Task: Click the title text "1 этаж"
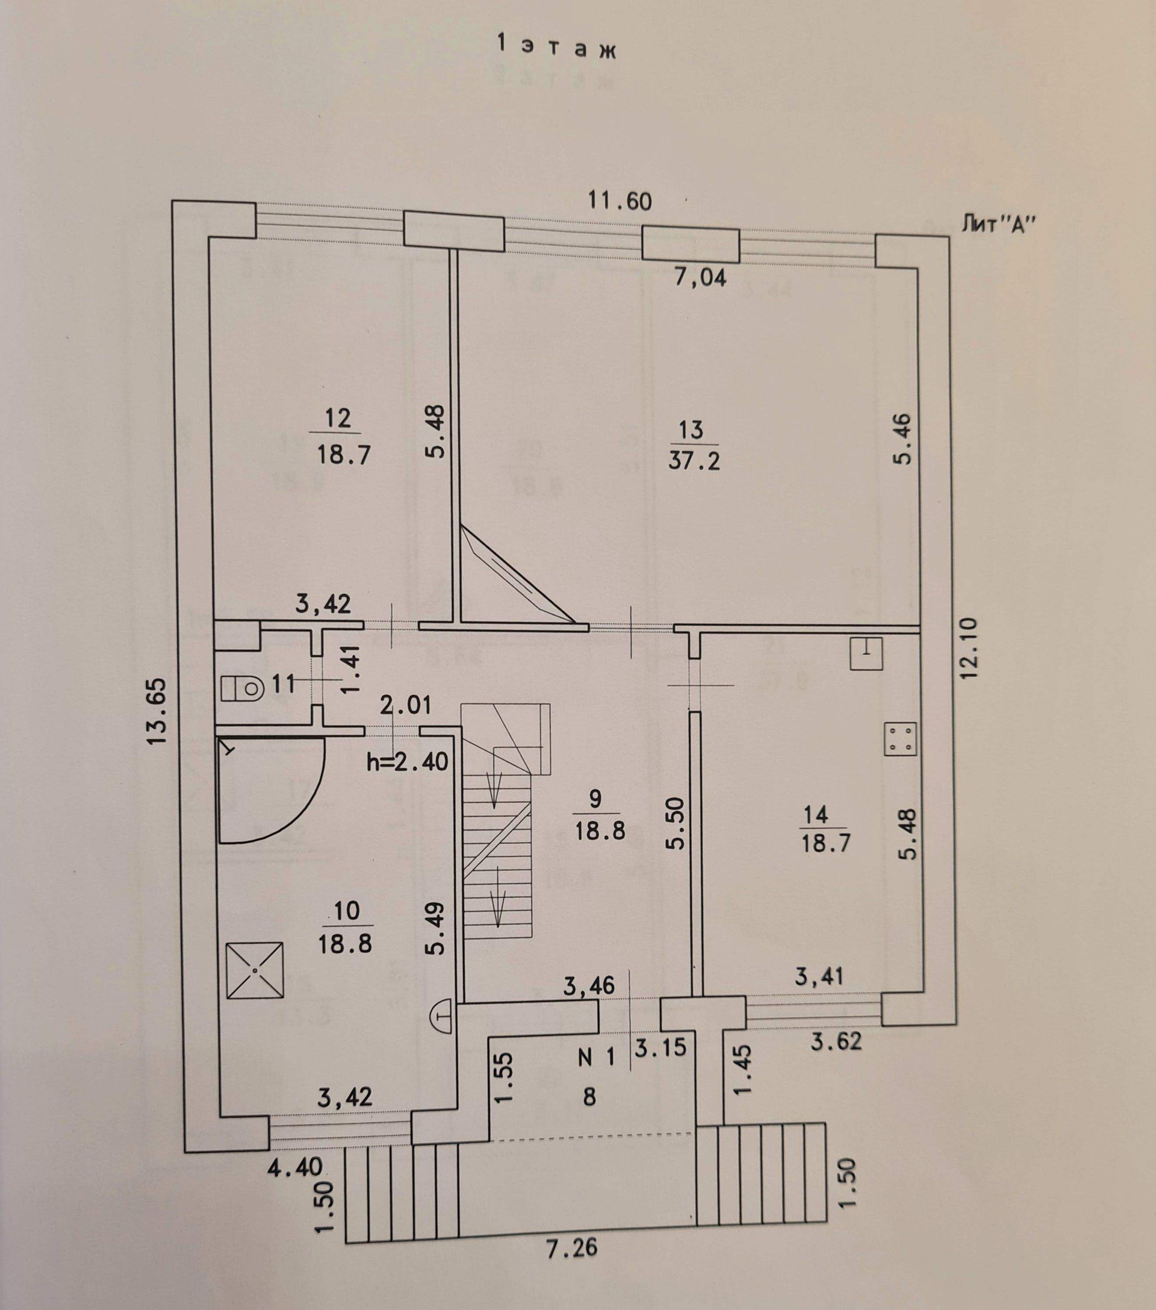point(556,49)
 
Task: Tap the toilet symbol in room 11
point(243,688)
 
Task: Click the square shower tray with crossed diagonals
point(255,970)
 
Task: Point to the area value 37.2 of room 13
point(694,461)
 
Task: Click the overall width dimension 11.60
point(620,201)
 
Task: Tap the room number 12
point(338,419)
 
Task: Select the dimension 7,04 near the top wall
point(700,278)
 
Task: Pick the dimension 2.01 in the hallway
point(406,706)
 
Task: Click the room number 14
point(815,816)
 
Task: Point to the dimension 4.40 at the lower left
point(296,1167)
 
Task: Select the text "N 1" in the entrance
point(596,1058)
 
